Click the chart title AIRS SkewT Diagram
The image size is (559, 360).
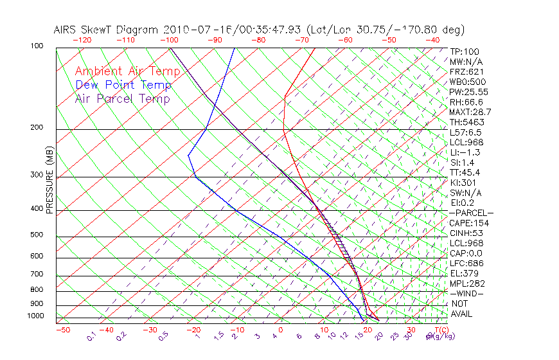click(107, 30)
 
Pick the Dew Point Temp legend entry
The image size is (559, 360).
click(123, 85)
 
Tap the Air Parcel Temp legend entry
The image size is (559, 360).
click(122, 98)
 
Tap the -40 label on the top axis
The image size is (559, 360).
click(433, 40)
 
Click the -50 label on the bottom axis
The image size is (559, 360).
click(62, 330)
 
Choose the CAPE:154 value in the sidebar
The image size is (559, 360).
click(466, 223)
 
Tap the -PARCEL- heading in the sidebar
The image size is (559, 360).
click(471, 213)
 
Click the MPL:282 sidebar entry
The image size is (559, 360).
click(466, 283)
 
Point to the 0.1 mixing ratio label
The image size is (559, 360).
click(92, 336)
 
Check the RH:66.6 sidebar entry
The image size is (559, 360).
click(466, 102)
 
